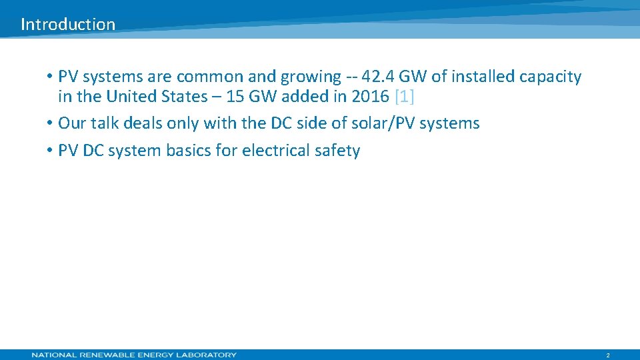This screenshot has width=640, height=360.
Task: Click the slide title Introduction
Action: pos(68,25)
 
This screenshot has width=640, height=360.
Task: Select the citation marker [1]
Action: pos(405,97)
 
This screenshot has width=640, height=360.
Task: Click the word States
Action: pos(183,97)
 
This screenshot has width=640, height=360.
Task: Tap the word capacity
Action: pos(550,77)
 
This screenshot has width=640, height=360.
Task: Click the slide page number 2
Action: pos(608,355)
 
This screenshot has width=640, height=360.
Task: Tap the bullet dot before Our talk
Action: pos(50,124)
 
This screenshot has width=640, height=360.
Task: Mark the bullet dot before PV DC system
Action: pos(50,151)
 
